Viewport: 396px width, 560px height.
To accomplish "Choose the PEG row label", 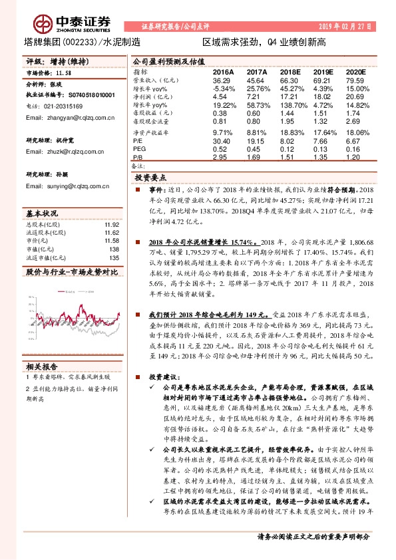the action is pos(139,149).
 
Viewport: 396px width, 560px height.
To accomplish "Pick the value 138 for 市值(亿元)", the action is pos(114,248).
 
